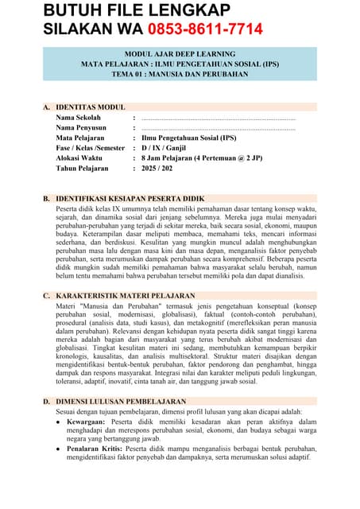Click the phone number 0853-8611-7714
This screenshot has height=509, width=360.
(206, 29)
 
